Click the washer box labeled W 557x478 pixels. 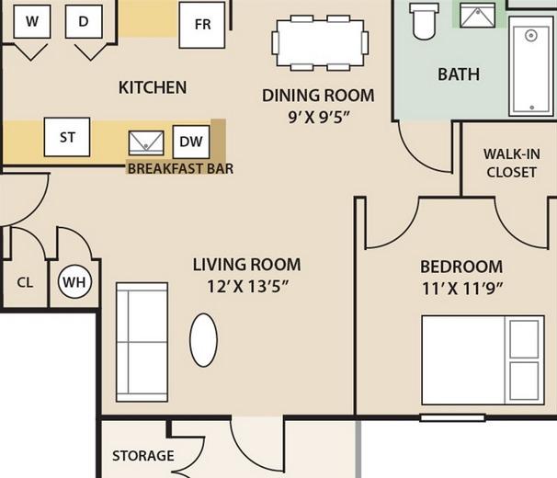pos(32,21)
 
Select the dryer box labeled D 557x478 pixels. pos(84,21)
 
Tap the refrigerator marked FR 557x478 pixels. pos(202,25)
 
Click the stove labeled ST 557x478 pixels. pos(67,137)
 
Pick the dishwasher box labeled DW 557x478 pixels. pos(191,142)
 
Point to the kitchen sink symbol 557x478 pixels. pos(146,143)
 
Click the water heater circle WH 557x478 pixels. pos(74,282)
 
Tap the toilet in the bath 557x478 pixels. pos(424,20)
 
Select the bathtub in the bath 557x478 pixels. pos(531,66)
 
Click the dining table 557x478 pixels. pos(320,43)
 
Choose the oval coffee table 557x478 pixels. pos(203,340)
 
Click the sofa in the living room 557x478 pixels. pos(142,342)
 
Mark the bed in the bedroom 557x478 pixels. pos(483,359)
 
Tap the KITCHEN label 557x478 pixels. pos(153,87)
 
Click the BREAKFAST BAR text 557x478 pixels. pos(180,168)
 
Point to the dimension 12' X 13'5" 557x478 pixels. pos(247,287)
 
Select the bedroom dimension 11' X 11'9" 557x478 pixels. pos(462,289)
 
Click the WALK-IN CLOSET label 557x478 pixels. pos(512,163)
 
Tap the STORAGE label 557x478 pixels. pos(143,456)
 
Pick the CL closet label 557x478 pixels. pos(25,282)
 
